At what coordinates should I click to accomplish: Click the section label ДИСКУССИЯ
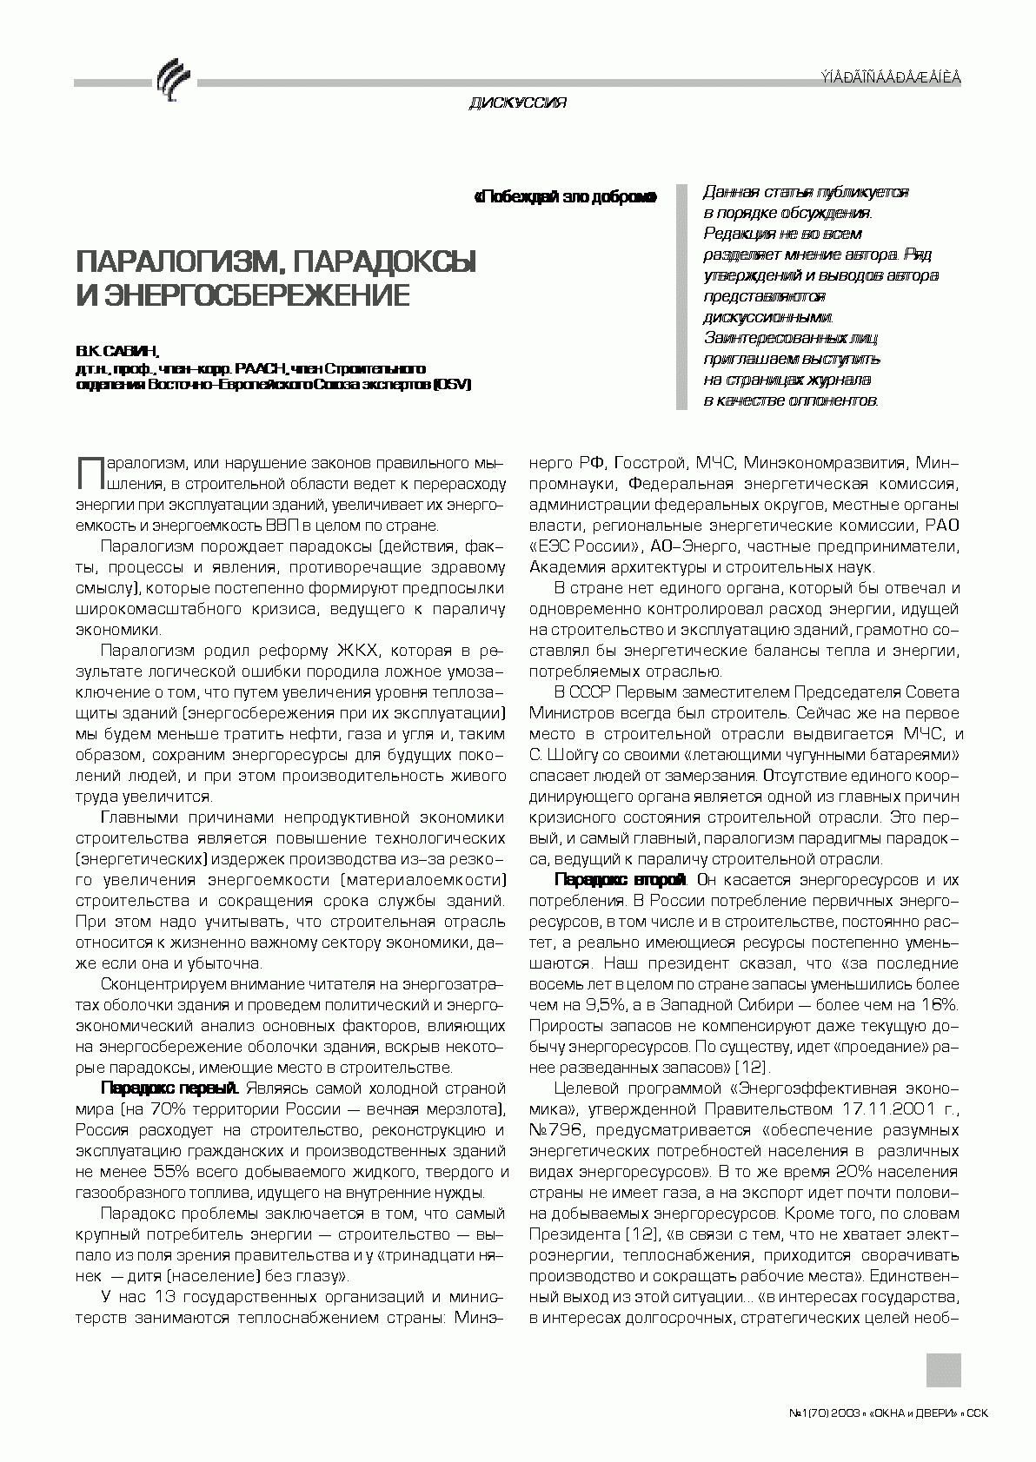coord(517,103)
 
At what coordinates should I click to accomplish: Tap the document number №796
coord(552,1130)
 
